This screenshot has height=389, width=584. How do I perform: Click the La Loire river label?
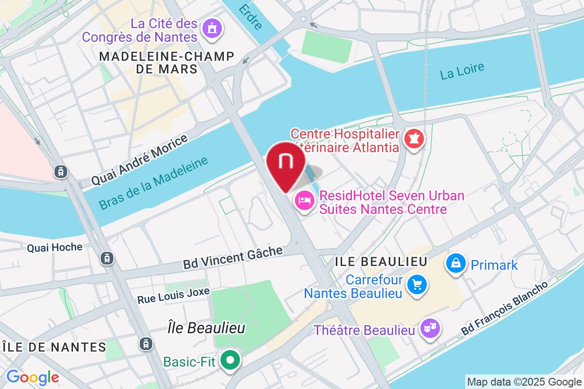pyautogui.click(x=462, y=71)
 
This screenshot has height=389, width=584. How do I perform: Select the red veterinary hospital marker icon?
pyautogui.click(x=415, y=140)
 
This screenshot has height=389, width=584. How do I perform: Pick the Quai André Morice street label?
pyautogui.click(x=140, y=160)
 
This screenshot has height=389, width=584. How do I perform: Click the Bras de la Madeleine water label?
pyautogui.click(x=153, y=183)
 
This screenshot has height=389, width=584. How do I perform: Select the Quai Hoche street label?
pyautogui.click(x=55, y=248)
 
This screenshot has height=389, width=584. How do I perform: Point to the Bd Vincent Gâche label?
pyautogui.click(x=233, y=258)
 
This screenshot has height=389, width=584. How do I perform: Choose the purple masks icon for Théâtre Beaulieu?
pyautogui.click(x=430, y=330)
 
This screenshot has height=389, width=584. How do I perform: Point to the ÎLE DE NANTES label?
pyautogui.click(x=54, y=347)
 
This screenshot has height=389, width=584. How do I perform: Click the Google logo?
pyautogui.click(x=33, y=377)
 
